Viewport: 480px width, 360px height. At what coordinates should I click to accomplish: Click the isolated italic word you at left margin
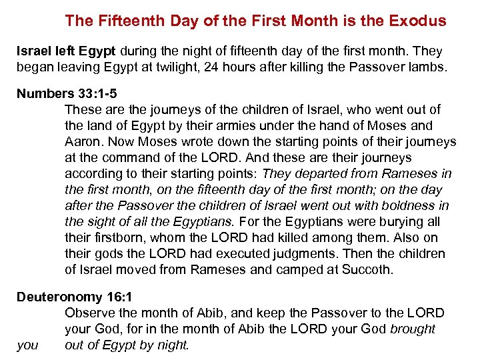(x=27, y=345)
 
